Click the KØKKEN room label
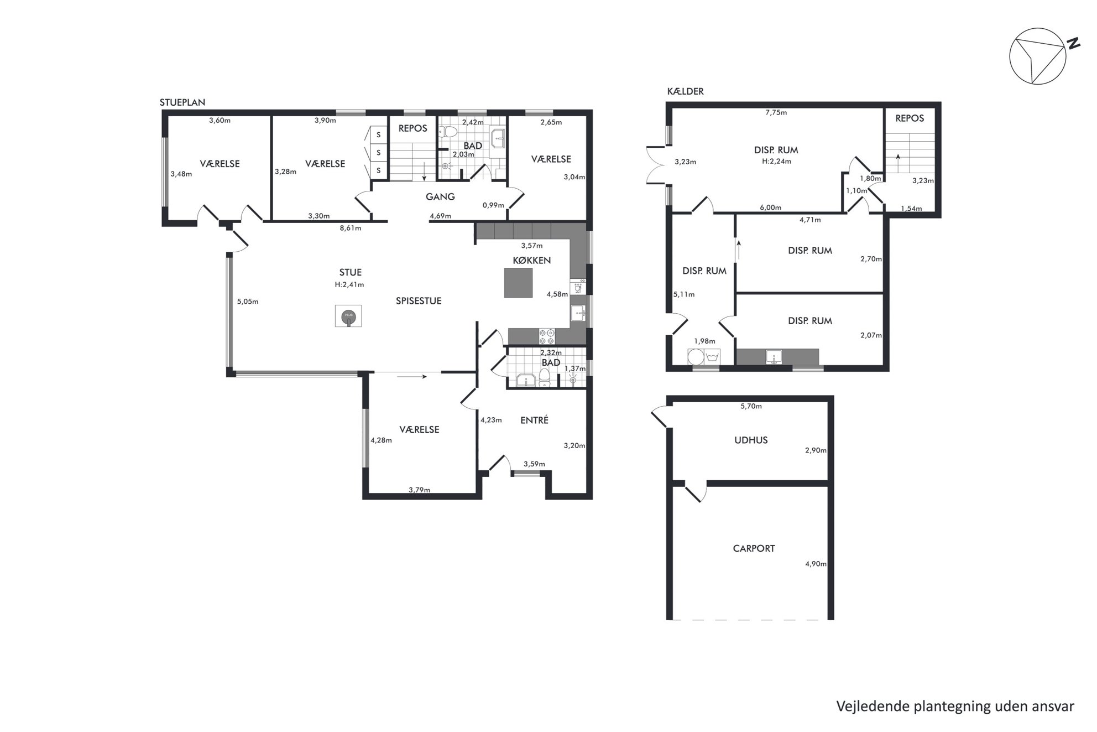[x=531, y=260]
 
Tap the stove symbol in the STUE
[x=348, y=316]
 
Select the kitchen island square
[x=518, y=283]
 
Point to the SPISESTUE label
[x=419, y=301]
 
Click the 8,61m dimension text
[x=351, y=228]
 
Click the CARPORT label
[x=754, y=548]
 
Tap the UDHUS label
[x=751, y=440]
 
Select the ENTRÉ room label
[x=534, y=420]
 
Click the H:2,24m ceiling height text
[x=776, y=162]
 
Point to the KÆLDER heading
[x=686, y=91]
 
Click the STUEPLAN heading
[x=182, y=102]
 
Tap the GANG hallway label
[x=440, y=196]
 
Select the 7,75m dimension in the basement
[x=776, y=112]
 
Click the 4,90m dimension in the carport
[x=816, y=564]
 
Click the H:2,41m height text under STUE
[x=349, y=285]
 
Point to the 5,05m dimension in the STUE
[x=248, y=302]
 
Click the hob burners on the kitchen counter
[x=547, y=336]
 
